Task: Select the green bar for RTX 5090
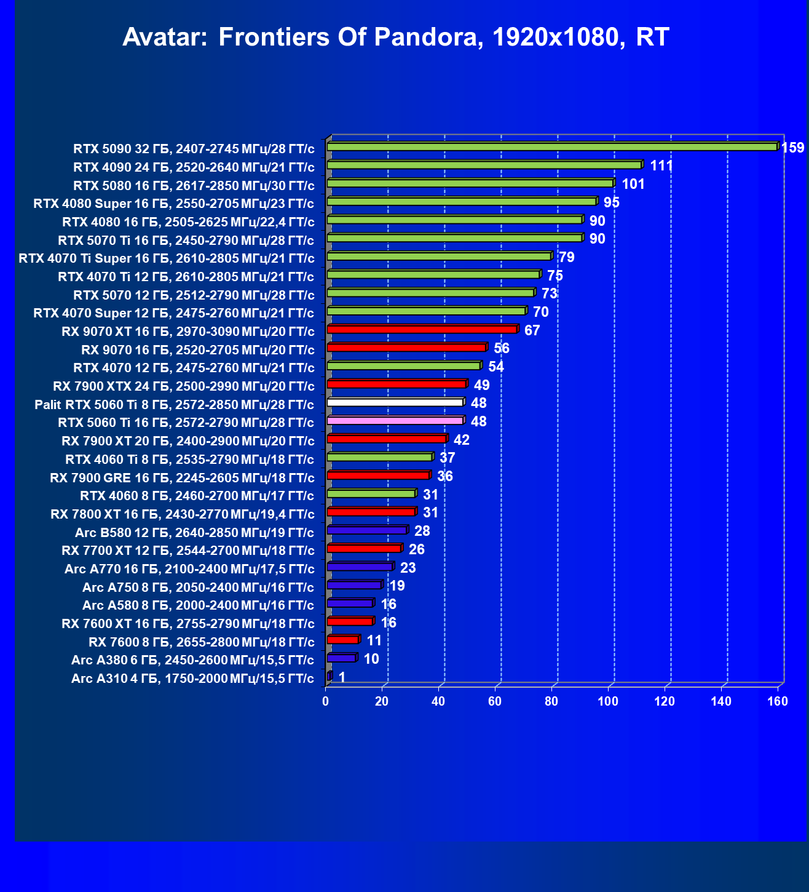click(x=552, y=147)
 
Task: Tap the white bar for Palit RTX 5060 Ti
click(x=395, y=403)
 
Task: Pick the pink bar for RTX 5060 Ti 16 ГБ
click(x=395, y=421)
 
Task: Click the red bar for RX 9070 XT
click(x=422, y=330)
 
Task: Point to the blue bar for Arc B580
click(x=367, y=530)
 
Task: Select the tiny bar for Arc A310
click(x=330, y=677)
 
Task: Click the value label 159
click(x=792, y=148)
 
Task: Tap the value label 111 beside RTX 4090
click(x=661, y=166)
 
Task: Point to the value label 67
click(x=532, y=331)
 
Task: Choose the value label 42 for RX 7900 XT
click(x=461, y=440)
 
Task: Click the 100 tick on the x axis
click(x=608, y=701)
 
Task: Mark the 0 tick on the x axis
click(x=326, y=701)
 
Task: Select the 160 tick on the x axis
click(x=778, y=701)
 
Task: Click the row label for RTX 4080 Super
click(x=174, y=204)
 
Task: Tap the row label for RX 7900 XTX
click(x=184, y=386)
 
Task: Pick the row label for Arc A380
click(x=193, y=660)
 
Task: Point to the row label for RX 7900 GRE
click(x=182, y=477)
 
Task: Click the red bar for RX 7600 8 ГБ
click(x=342, y=640)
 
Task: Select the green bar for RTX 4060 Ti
click(x=379, y=458)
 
